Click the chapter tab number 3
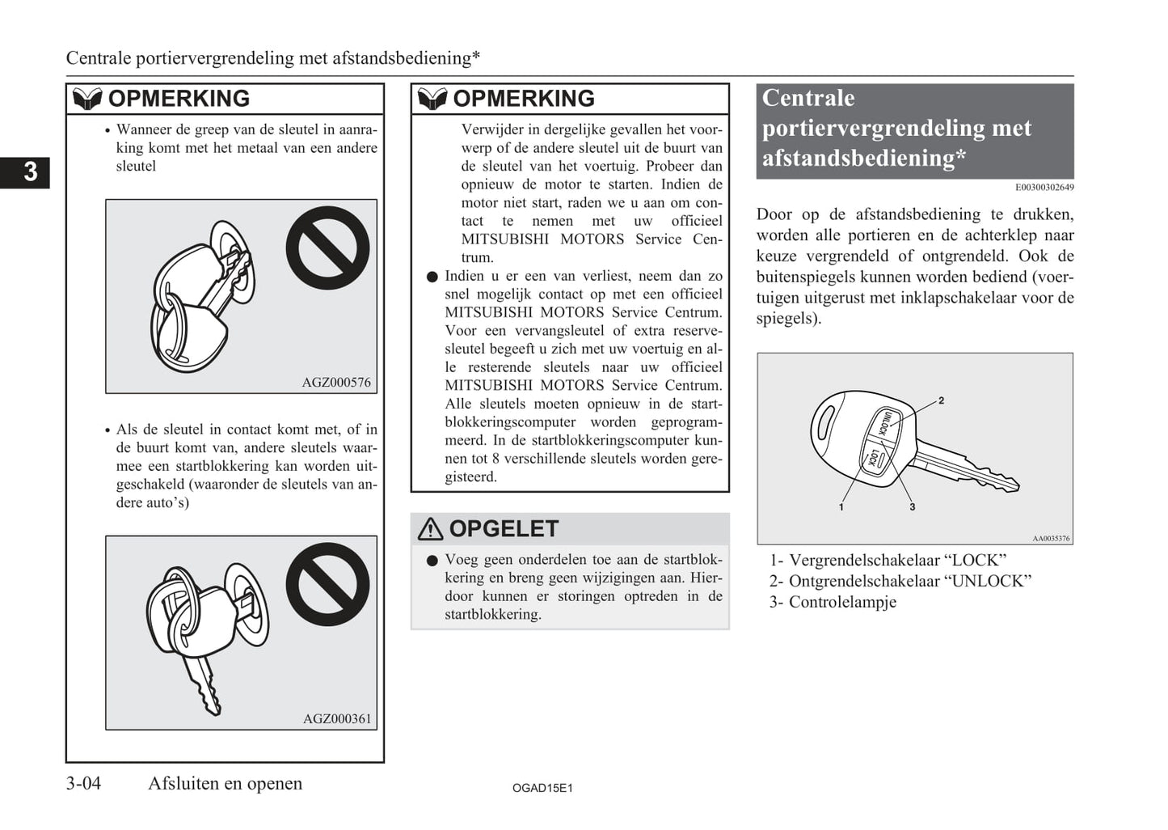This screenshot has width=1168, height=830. pos(30,172)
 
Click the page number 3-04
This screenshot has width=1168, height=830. pos(83,783)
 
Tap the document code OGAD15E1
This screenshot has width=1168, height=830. pos(542,788)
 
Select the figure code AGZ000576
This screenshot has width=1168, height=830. pos(336,383)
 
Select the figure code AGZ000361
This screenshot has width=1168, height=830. pos(337,718)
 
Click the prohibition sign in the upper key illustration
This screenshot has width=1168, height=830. pos(327,248)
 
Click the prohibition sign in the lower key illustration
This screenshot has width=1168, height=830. pos(327,584)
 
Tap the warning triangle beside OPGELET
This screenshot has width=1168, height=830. pos(430,529)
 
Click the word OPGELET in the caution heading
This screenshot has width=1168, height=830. pos(504,529)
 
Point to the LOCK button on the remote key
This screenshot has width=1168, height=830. pos(875,459)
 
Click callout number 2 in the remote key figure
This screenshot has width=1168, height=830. pos(941,400)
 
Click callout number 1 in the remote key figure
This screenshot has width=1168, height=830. pos(841,507)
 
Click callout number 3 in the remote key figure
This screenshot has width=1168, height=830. pos(912,507)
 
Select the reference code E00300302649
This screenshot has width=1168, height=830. pos(1044,188)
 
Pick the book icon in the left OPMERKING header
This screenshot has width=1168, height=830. pos(86,99)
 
